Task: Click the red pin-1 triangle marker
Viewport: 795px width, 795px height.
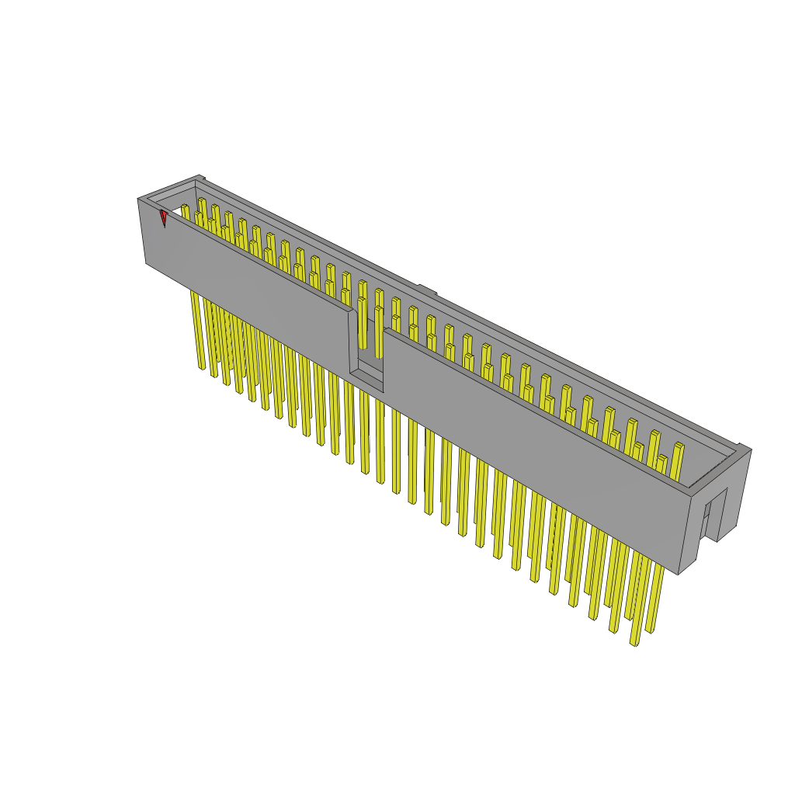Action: pyautogui.click(x=164, y=217)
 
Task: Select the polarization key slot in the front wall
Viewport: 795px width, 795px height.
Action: pyautogui.click(x=366, y=349)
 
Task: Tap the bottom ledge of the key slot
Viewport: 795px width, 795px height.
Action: pyautogui.click(x=366, y=380)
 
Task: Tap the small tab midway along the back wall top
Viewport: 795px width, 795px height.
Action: pyautogui.click(x=426, y=290)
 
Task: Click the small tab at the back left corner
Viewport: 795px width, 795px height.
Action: pyautogui.click(x=200, y=178)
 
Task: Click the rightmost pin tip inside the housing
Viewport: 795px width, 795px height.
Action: pyautogui.click(x=679, y=446)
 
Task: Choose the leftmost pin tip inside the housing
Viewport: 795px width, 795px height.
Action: pyautogui.click(x=185, y=207)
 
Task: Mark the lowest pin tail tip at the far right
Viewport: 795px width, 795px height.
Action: pyautogui.click(x=634, y=643)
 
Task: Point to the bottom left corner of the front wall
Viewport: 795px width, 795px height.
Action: pyautogui.click(x=147, y=263)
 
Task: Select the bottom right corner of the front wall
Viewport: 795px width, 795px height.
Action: pyautogui.click(x=679, y=574)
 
